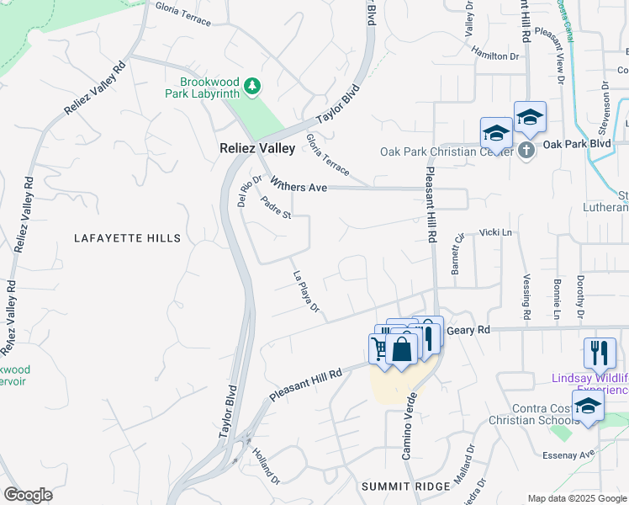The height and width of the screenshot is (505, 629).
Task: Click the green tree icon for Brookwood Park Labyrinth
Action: (x=251, y=85)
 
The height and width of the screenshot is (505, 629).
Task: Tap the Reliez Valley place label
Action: (x=256, y=148)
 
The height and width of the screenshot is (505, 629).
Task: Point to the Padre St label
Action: (x=275, y=207)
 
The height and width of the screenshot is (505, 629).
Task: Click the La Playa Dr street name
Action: (x=306, y=292)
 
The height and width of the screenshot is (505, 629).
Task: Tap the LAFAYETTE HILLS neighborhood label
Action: (x=127, y=238)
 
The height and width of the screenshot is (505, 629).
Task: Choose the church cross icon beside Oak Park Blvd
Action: (x=526, y=150)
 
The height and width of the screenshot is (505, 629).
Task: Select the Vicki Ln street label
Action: (x=495, y=231)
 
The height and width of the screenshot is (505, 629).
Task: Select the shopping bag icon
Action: (x=403, y=348)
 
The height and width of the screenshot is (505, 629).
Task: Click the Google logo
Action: (x=29, y=494)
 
